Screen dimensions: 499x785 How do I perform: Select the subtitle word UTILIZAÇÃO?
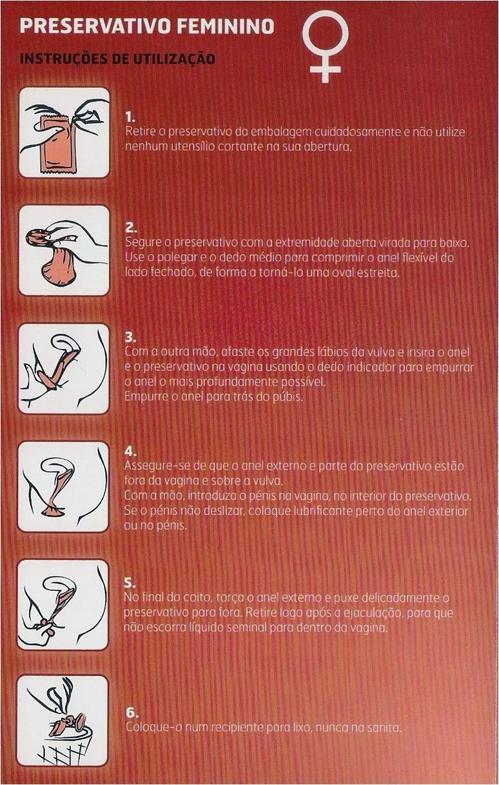(x=173, y=58)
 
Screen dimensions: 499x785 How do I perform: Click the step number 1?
(x=129, y=116)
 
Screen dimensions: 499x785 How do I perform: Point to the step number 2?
(x=130, y=229)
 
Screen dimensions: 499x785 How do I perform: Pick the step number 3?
(x=130, y=338)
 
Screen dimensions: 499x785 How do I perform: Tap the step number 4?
(x=130, y=452)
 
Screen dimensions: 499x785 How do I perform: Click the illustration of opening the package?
(x=64, y=132)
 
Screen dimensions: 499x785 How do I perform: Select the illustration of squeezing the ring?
(x=64, y=250)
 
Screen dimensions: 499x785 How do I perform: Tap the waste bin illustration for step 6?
(x=63, y=728)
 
